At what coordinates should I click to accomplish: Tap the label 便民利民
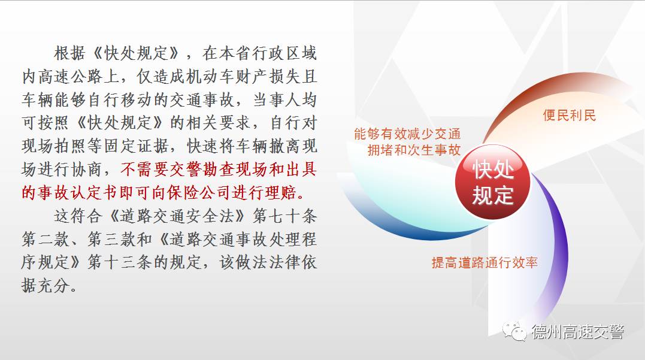(570, 115)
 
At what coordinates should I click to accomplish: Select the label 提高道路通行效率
(484, 262)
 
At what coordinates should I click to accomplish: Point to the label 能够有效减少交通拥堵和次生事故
(407, 142)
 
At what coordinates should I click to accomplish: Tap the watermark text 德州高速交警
(577, 332)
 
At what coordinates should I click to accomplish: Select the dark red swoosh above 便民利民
(539, 96)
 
